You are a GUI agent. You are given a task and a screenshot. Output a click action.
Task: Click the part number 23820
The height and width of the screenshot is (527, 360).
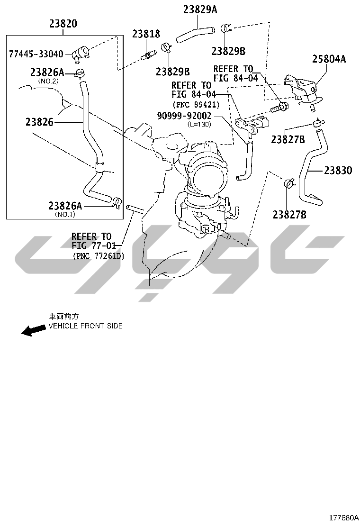coord(63,24)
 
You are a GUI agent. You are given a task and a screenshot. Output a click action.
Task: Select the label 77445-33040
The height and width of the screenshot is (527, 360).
coord(36,54)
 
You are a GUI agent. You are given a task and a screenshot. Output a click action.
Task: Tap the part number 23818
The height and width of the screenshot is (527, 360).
coord(146,34)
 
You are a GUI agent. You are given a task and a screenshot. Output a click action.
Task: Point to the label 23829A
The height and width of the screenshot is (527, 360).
coord(200,10)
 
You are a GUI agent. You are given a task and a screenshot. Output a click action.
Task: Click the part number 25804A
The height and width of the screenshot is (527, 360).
coord(329,59)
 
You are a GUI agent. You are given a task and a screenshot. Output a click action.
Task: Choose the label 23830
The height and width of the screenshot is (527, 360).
coord(338,171)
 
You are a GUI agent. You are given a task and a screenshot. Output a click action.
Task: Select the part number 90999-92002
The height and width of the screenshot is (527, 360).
coord(184,116)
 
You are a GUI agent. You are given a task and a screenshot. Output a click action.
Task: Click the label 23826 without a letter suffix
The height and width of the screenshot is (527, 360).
coord(40,122)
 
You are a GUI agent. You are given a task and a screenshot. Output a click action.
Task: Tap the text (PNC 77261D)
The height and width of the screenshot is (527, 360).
coord(99,256)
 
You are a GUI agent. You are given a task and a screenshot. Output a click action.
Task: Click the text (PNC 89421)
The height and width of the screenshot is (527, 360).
coord(196,105)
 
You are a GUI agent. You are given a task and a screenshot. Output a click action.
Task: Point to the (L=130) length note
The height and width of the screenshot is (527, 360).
coord(199,124)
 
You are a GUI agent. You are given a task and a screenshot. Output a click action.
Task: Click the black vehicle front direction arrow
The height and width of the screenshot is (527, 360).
coord(33,330)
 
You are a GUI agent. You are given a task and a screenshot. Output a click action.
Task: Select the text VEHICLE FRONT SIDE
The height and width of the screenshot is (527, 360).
coord(86,326)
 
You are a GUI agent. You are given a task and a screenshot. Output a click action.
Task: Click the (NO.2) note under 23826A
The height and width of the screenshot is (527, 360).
coord(48,81)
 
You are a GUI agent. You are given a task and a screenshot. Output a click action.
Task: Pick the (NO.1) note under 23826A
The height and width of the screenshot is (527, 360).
coord(65,214)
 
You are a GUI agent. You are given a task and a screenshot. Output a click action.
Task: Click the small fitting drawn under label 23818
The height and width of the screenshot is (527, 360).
coord(149,55)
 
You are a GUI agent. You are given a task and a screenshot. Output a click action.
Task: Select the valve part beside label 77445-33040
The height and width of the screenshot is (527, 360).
coord(80,54)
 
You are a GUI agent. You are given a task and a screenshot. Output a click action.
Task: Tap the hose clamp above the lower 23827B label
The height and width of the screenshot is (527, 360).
coord(288,183)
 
